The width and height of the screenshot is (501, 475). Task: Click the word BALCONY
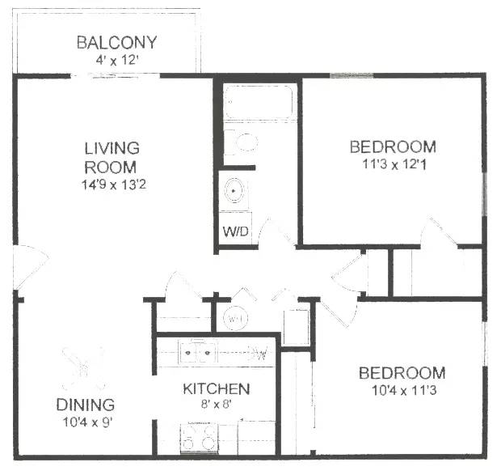click(116, 42)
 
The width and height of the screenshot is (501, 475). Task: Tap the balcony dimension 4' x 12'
click(116, 59)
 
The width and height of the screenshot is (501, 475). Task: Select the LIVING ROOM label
click(112, 158)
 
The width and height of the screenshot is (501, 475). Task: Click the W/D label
click(235, 232)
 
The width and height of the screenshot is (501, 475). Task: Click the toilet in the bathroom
click(242, 142)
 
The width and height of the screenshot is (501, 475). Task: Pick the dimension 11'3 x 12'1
click(393, 163)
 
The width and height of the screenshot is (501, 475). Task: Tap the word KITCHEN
click(216, 389)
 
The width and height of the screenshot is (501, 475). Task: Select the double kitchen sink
click(198, 352)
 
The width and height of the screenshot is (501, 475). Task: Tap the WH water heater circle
click(235, 319)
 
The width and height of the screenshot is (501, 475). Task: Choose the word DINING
click(85, 405)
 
